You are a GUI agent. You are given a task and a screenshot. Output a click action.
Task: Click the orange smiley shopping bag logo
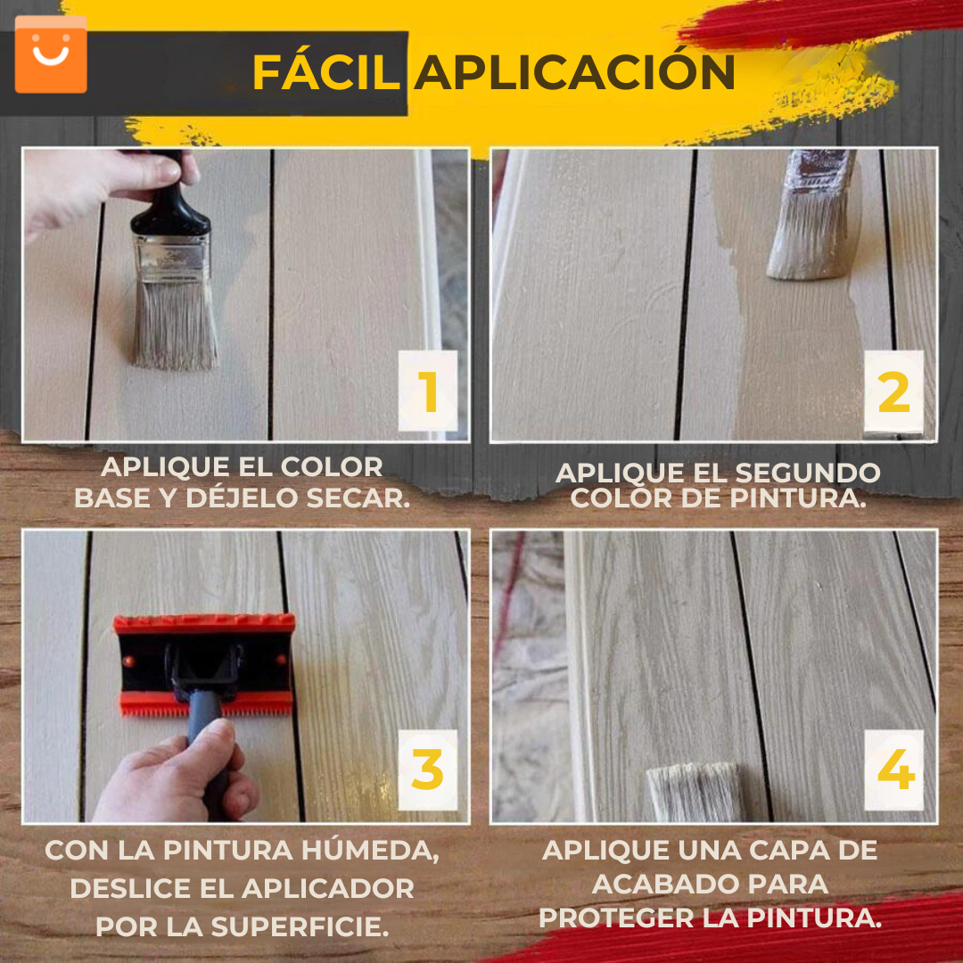51,54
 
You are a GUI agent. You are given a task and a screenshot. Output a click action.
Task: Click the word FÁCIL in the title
325,72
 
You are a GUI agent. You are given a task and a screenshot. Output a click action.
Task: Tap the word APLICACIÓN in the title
574,72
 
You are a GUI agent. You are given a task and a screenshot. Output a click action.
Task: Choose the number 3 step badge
428,770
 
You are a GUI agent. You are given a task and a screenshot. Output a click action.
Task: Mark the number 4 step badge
893,770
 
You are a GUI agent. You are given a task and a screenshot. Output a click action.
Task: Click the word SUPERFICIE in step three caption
300,926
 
